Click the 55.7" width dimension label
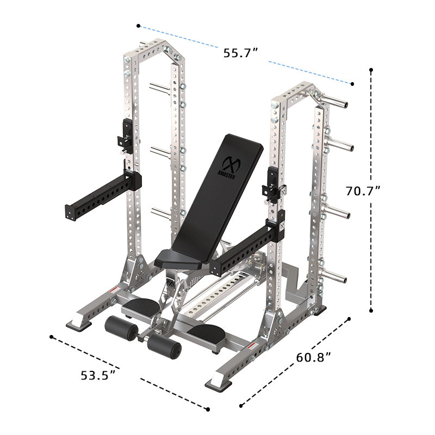coord(240,53)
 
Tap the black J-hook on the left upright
coord(124,133)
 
